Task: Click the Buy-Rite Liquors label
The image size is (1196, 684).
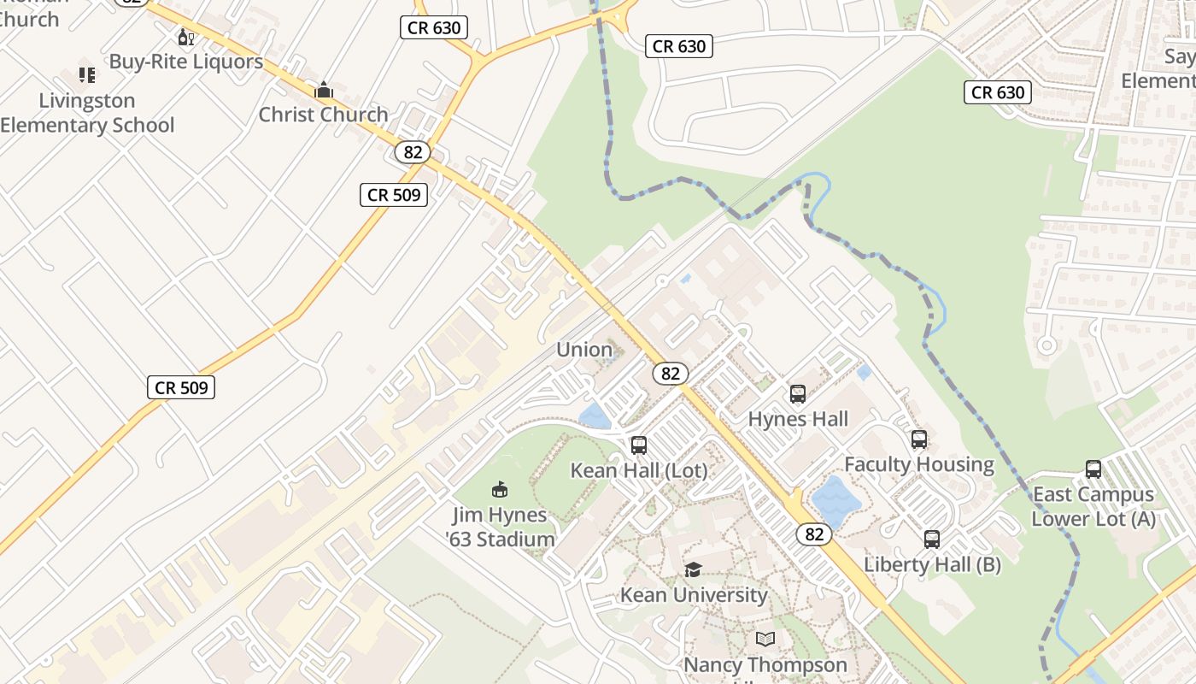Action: (185, 62)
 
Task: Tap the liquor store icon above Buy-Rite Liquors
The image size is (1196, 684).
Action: (185, 37)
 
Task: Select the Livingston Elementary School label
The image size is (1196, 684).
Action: (86, 113)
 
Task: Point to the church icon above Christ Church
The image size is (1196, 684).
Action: (324, 90)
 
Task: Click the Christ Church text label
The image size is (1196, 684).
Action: (323, 115)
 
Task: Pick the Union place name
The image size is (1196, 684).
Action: (584, 350)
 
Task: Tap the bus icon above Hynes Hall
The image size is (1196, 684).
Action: (798, 394)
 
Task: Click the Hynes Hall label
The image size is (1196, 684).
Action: (798, 419)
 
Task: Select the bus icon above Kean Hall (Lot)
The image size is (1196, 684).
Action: (639, 445)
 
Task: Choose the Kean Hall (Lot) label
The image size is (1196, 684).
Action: (639, 470)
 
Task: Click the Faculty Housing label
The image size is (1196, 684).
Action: (919, 464)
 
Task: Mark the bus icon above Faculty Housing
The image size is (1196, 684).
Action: (919, 439)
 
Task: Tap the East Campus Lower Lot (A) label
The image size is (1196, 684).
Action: (1093, 506)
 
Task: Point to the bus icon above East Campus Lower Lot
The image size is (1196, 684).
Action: (1093, 469)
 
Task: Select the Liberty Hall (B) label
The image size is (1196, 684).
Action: (932, 564)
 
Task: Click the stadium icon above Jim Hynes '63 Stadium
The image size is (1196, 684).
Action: (500, 490)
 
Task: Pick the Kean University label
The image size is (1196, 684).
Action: (694, 595)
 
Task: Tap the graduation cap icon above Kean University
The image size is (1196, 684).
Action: (694, 570)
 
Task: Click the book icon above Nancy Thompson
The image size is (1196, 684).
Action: (765, 639)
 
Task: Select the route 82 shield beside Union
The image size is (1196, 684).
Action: (671, 374)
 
